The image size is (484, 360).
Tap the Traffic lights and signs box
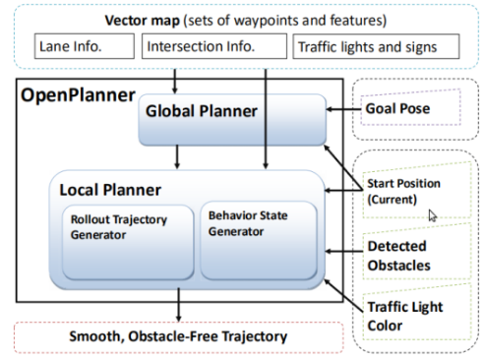coord(365,45)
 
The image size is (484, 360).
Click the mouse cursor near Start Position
coord(433,214)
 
